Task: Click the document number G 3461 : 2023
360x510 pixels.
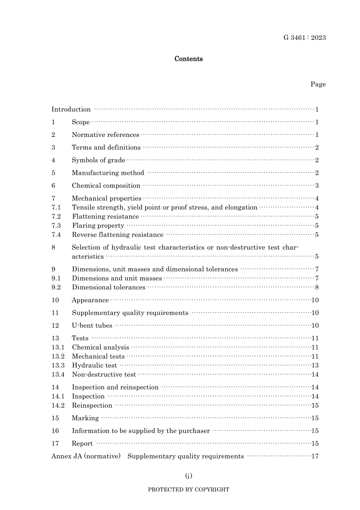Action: [x=304, y=38]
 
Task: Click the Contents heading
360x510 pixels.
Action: [x=188, y=59]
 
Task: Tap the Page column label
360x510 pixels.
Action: [x=318, y=84]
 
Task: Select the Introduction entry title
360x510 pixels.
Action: [x=71, y=110]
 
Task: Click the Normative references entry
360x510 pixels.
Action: [x=105, y=135]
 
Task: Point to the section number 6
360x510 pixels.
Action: [x=53, y=186]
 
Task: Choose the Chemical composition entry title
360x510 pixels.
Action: [x=106, y=186]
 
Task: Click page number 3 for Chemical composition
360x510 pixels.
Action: [x=317, y=186]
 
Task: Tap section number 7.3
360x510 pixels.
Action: [x=56, y=226]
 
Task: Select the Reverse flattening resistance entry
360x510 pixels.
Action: [x=117, y=235]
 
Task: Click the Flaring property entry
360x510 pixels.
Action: [x=98, y=226]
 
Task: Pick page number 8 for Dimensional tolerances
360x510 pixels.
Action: [x=317, y=287]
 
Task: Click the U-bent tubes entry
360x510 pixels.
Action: [x=92, y=326]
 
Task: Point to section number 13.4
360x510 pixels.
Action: [x=58, y=375]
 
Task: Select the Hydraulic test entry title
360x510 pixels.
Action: [x=94, y=366]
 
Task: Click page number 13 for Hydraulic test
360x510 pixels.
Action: [x=315, y=366]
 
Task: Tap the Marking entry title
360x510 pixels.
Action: [x=85, y=418]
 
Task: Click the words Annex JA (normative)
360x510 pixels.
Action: [x=86, y=456]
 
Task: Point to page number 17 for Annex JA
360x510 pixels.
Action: [x=315, y=456]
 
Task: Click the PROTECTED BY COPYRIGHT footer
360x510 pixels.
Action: [x=188, y=490]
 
